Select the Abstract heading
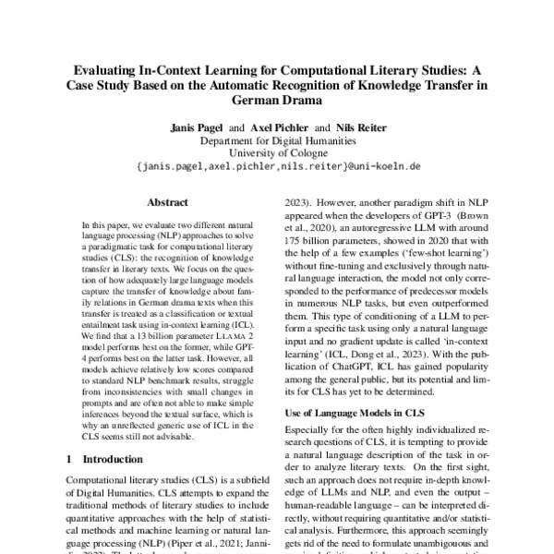tap(169, 199)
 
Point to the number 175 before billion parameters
tap(290, 241)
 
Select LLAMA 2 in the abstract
tap(231, 340)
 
